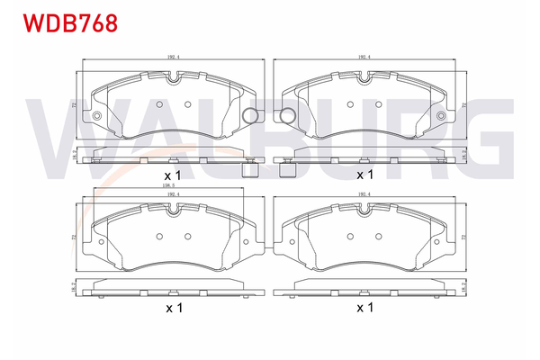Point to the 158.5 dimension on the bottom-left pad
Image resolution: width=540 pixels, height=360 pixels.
point(167,186)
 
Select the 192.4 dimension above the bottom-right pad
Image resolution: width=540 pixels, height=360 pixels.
point(364,193)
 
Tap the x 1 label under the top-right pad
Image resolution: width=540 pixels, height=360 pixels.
point(364,174)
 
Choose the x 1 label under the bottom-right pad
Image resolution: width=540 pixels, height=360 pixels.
point(364,308)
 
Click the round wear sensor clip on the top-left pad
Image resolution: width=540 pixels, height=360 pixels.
point(252,115)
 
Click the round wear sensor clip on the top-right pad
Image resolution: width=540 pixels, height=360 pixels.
point(288,115)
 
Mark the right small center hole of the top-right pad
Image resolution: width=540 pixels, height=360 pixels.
point(381,103)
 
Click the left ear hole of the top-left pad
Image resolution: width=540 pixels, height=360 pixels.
point(95,116)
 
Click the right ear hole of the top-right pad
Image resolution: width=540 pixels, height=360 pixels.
point(441,116)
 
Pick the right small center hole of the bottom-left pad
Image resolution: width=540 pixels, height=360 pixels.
point(188,237)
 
